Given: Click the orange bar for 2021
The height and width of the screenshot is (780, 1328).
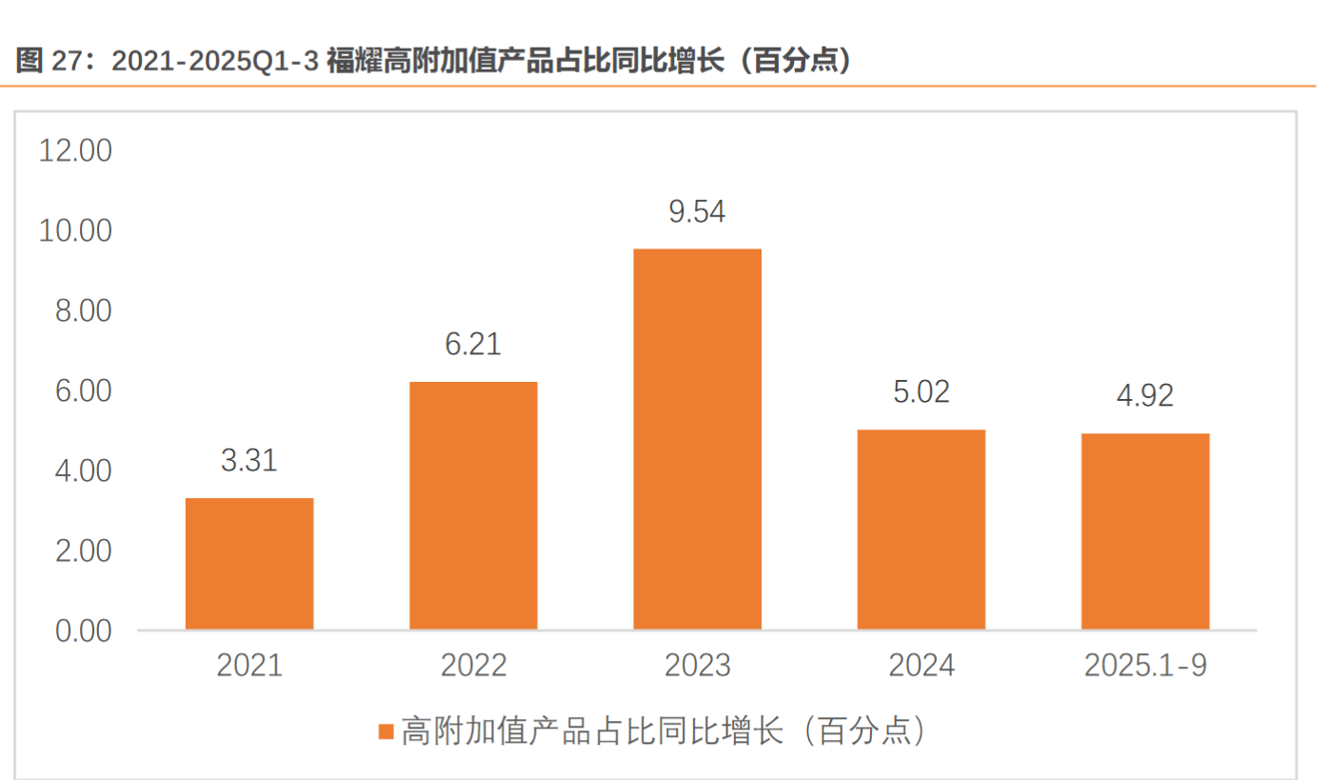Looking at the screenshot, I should pos(249,563).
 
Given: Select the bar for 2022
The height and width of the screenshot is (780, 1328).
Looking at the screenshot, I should pos(473,505).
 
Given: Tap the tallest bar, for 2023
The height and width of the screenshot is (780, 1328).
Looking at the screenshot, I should pos(698,438).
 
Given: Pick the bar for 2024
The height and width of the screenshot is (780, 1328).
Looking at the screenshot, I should pos(922,529).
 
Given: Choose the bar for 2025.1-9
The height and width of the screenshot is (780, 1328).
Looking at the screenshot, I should pos(1145,530).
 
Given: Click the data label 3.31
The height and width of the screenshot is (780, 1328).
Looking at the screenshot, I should pos(249,461).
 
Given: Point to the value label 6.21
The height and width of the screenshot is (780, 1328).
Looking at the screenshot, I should pos(473,345).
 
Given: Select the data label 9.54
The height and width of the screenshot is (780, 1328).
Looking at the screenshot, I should pos(698,211).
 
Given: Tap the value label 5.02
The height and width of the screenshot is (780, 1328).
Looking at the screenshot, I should pos(922,392).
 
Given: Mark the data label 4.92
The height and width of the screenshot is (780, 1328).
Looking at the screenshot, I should pos(1145,396).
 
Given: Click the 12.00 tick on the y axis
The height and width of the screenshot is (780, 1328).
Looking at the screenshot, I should pos(75,150).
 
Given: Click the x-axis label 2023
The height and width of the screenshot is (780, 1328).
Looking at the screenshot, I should pos(698,665).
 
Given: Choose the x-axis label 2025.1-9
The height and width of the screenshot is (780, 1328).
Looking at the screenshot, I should pos(1145,665).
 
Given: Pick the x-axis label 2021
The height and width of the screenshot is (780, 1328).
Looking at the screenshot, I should pos(249,665).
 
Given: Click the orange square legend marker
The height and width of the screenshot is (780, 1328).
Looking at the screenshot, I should pos(386,731).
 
